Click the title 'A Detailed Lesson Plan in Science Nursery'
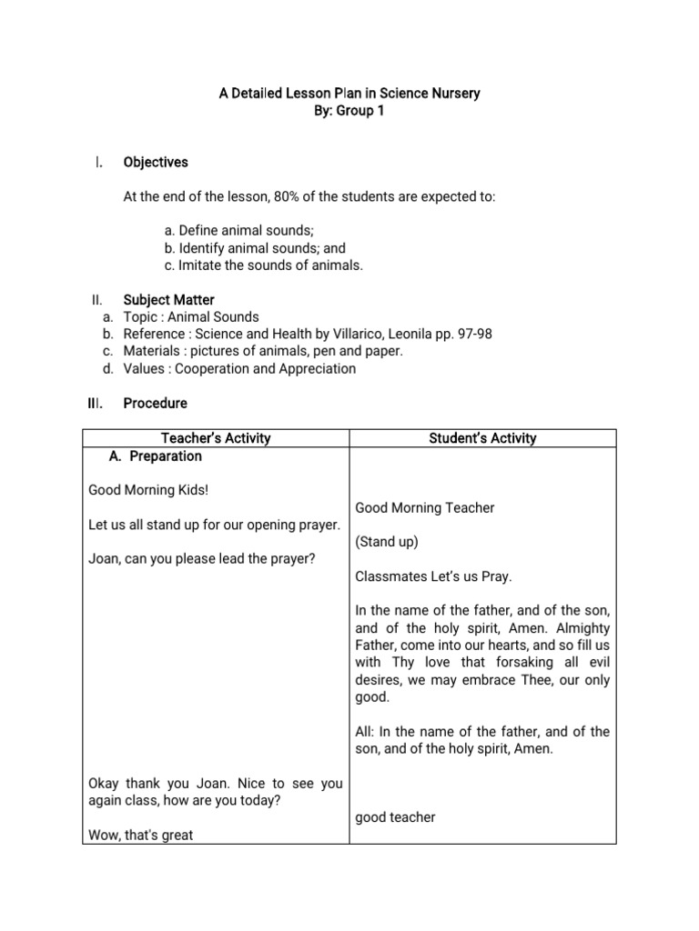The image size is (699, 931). [x=349, y=94]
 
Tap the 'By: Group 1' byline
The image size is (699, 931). [x=349, y=111]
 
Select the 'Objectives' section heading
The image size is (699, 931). [x=156, y=162]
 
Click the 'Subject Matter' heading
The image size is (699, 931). [x=168, y=300]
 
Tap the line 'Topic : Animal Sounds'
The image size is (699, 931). [x=191, y=317]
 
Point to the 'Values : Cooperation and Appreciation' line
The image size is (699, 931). [x=239, y=369]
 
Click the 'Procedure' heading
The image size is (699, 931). [x=155, y=403]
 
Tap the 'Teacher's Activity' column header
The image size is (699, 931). [x=216, y=438]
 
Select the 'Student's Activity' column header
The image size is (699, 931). [x=482, y=438]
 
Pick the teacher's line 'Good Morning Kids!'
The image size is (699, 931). [x=148, y=490]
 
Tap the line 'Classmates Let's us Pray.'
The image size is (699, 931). [x=433, y=576]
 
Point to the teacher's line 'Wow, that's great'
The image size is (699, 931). [x=141, y=835]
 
